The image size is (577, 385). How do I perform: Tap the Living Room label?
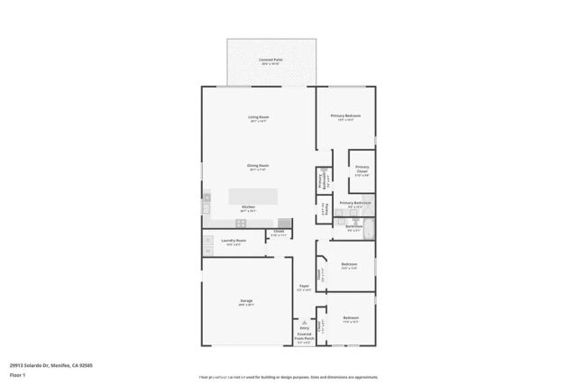click(259, 117)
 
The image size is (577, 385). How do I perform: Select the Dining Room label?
click(259, 166)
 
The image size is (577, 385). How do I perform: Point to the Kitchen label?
click(247, 207)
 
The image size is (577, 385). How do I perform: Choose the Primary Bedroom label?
click(345, 116)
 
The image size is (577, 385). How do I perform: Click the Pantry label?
click(325, 208)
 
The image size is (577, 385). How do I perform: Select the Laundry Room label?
click(234, 241)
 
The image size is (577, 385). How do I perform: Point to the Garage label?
click(246, 301)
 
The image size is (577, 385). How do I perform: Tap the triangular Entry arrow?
click(304, 322)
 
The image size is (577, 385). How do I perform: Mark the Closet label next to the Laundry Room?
click(279, 233)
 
